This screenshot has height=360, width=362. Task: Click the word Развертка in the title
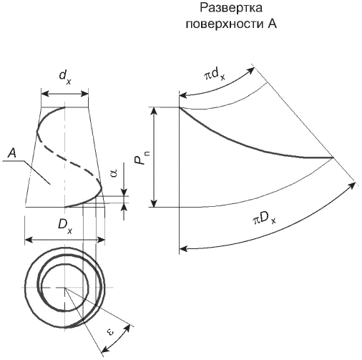tap(231, 8)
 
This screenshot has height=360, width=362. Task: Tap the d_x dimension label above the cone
tap(65, 77)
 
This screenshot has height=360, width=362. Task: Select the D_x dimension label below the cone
tap(65, 227)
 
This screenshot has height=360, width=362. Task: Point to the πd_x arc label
tap(214, 75)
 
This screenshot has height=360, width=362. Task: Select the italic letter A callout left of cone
tap(12, 153)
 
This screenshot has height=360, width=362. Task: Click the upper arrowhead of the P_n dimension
tap(155, 112)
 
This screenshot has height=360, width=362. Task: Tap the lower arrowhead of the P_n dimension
tap(155, 203)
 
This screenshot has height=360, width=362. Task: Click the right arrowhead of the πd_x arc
tap(251, 70)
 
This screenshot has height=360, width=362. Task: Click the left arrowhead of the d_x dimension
tap(45, 94)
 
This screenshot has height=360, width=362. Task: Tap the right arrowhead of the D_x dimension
tap(101, 239)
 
